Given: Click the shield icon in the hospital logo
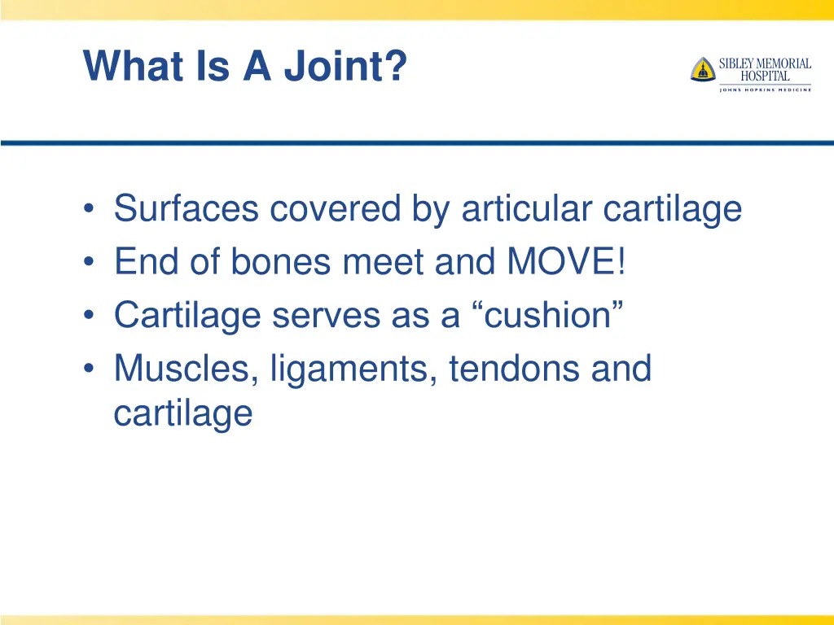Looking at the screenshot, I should click(x=702, y=69).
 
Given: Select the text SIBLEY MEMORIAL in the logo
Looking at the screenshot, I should click(x=765, y=63).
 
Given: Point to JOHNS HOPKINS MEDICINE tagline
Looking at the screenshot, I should click(x=765, y=90).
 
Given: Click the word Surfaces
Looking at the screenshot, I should click(x=187, y=208).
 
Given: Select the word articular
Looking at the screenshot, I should click(x=527, y=208).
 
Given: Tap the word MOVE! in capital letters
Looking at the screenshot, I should click(x=567, y=261).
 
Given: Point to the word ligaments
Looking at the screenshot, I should click(x=353, y=369).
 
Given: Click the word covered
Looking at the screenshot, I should click(x=335, y=208).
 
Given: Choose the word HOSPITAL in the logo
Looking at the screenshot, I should click(x=765, y=76).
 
